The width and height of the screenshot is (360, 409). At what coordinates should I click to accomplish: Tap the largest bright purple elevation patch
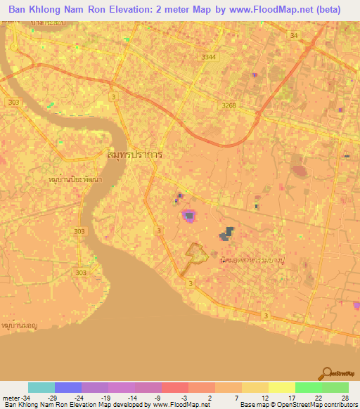[188, 216]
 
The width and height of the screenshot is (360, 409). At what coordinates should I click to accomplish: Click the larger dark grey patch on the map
[226, 235]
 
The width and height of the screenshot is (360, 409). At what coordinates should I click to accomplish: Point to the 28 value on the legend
[344, 398]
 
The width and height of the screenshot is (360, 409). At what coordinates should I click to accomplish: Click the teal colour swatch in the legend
[41, 387]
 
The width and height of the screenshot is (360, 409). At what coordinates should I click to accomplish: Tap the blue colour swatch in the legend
[68, 387]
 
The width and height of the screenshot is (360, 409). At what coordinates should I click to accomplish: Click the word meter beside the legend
[9, 398]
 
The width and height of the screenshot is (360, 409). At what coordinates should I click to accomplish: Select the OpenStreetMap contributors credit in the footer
[316, 405]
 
